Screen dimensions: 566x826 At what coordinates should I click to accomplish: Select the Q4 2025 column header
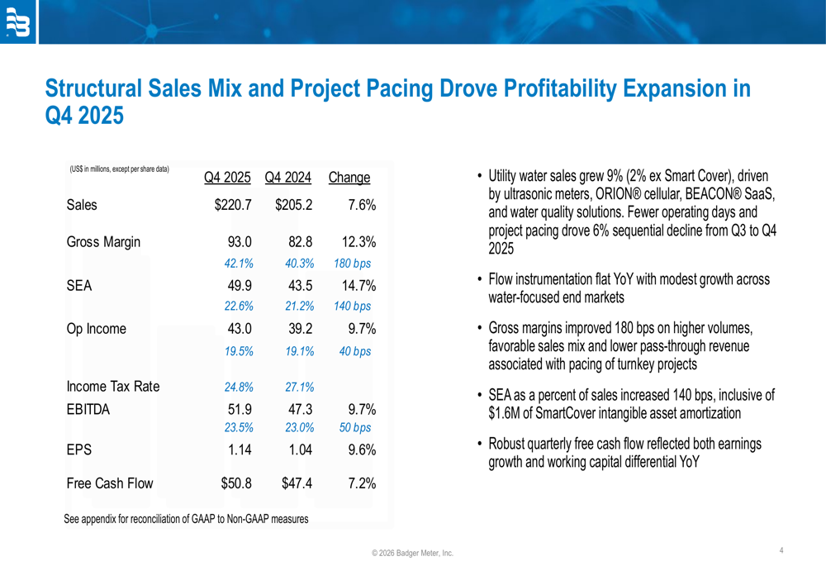tap(227, 178)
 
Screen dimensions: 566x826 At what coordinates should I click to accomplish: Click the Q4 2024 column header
tap(287, 178)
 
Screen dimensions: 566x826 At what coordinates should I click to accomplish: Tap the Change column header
tap(349, 178)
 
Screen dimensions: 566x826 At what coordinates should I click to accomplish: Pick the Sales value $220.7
tap(232, 205)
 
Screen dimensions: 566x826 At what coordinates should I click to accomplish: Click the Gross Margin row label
tap(103, 242)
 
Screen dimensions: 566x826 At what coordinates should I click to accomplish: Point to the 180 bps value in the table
tap(352, 264)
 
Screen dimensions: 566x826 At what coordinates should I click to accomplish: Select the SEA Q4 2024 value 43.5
tap(295, 286)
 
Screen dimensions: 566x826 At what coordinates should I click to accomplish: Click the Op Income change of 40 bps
tap(355, 351)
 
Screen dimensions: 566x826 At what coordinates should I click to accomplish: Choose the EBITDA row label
tap(88, 409)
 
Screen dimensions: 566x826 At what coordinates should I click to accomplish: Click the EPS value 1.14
tap(238, 450)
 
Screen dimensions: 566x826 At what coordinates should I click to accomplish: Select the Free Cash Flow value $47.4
tap(294, 483)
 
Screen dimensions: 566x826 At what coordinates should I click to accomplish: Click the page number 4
tap(781, 549)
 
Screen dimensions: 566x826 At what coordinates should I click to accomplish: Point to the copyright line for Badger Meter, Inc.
tap(412, 553)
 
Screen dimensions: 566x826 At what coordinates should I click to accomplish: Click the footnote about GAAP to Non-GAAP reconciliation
tap(186, 519)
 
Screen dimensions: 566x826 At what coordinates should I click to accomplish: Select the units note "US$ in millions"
tap(119, 169)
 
